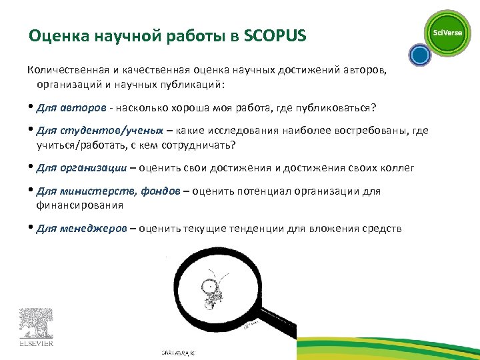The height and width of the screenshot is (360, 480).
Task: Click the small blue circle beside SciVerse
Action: (x=419, y=54)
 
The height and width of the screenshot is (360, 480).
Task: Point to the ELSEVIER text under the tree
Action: (x=35, y=345)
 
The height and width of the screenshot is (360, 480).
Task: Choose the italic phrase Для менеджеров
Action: (x=81, y=229)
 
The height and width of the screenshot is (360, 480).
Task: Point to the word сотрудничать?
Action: (x=208, y=145)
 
